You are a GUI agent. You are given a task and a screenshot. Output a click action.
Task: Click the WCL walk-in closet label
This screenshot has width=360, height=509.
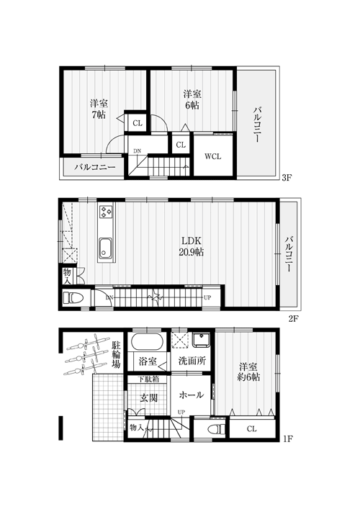tap(212, 156)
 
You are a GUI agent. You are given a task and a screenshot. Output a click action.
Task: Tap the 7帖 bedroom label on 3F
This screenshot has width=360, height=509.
tap(99, 109)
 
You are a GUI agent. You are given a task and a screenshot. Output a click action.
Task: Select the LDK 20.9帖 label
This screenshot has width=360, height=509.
tap(192, 246)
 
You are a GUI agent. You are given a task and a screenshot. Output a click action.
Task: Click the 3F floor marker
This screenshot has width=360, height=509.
tap(287, 178)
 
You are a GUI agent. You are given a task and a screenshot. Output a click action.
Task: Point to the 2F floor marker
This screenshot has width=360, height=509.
tap(293, 318)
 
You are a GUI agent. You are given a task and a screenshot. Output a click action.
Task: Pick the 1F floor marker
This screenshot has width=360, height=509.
tap(287, 439)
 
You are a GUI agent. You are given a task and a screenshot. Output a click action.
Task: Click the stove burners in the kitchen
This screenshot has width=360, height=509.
tap(106, 212)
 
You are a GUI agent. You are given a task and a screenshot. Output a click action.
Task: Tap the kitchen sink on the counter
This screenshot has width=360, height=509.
tap(105, 248)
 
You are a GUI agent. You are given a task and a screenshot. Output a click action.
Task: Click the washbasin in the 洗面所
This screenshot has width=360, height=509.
tap(201, 341)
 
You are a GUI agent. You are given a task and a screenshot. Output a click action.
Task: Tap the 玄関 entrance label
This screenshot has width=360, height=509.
tap(148, 397)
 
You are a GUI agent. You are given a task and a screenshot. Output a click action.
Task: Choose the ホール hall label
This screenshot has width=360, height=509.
tap(192, 395)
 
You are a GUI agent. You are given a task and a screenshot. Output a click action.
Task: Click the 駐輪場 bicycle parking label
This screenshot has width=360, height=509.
tap(116, 354)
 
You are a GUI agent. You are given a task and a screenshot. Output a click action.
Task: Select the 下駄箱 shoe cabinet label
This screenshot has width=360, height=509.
tap(148, 379)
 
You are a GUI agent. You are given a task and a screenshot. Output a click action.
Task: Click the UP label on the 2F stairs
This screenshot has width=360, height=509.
tap(207, 297)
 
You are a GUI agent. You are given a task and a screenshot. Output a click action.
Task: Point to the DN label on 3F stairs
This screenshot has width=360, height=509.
tap(138, 150)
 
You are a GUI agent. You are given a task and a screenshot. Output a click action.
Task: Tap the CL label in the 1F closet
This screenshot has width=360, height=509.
tap(251, 429)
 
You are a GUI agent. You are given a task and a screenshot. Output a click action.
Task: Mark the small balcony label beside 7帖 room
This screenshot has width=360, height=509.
tap(94, 168)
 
